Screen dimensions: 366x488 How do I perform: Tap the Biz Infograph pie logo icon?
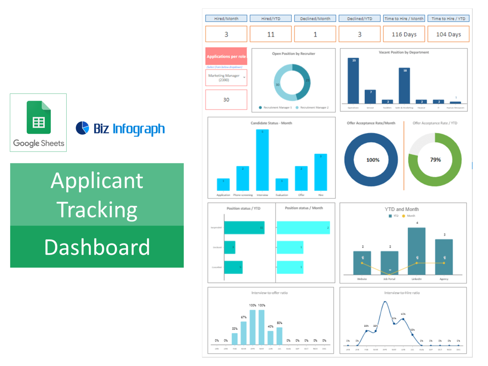tap(82, 128)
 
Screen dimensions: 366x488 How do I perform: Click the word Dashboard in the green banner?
tap(97, 247)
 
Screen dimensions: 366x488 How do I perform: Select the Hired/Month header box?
tap(226, 18)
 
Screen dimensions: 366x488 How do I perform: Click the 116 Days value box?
tap(404, 34)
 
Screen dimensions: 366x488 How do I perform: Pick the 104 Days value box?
tap(448, 34)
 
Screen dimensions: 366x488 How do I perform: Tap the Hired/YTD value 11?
tap(271, 34)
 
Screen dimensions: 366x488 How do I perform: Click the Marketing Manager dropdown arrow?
tap(244, 78)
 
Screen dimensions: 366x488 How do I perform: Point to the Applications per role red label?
tap(226, 57)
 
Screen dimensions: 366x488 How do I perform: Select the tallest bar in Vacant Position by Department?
tap(353, 81)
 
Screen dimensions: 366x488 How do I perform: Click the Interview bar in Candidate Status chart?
tap(262, 160)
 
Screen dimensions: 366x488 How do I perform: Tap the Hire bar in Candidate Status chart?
tap(321, 172)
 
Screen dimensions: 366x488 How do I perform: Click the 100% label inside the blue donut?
tap(373, 160)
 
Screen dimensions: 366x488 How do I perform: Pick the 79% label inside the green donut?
tap(435, 160)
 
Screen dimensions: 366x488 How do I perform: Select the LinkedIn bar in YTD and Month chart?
tap(417, 251)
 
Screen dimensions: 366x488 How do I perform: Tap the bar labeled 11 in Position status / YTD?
tap(244, 227)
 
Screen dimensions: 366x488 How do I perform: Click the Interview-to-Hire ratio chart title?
tap(402, 293)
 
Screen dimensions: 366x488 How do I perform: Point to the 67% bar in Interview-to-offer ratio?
tap(244, 333)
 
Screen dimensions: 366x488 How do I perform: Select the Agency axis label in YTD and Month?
tap(444, 279)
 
